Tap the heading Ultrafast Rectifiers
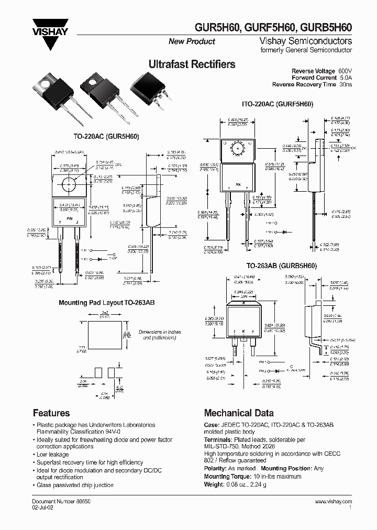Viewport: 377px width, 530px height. click(x=192, y=64)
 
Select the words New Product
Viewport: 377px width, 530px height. click(x=192, y=41)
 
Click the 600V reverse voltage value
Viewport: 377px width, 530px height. click(x=345, y=71)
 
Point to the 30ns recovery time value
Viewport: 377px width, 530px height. click(x=345, y=84)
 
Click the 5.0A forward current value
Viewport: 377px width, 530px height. click(x=345, y=78)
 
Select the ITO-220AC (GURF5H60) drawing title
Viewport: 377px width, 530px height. click(x=277, y=104)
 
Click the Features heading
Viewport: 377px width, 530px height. click(x=51, y=413)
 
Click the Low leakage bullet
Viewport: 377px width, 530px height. click(x=53, y=455)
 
